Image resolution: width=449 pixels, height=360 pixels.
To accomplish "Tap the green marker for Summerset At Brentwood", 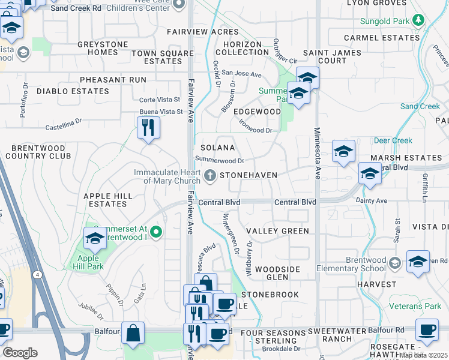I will tap(156, 232).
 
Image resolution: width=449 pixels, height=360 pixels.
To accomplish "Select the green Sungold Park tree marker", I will tap(419, 22).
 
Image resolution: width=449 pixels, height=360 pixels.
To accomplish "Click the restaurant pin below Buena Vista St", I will tap(148, 128).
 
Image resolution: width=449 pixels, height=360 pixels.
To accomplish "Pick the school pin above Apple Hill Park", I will tap(95, 239).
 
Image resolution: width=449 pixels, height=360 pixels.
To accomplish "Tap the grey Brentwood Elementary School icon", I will tap(394, 263).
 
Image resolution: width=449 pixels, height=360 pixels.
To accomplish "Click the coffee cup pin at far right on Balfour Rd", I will tap(426, 329).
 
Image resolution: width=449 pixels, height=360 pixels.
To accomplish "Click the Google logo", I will tap(20, 352).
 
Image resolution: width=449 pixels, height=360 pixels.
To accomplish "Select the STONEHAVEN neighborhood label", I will tap(248, 175).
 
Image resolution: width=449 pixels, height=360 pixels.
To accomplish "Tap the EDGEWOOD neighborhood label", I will tap(257, 112).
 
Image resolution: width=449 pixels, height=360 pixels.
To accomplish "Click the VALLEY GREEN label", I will tap(277, 231).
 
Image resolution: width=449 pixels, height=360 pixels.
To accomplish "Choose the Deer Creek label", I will tap(393, 140).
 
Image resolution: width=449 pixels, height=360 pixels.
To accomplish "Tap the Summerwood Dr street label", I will tap(220, 160).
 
